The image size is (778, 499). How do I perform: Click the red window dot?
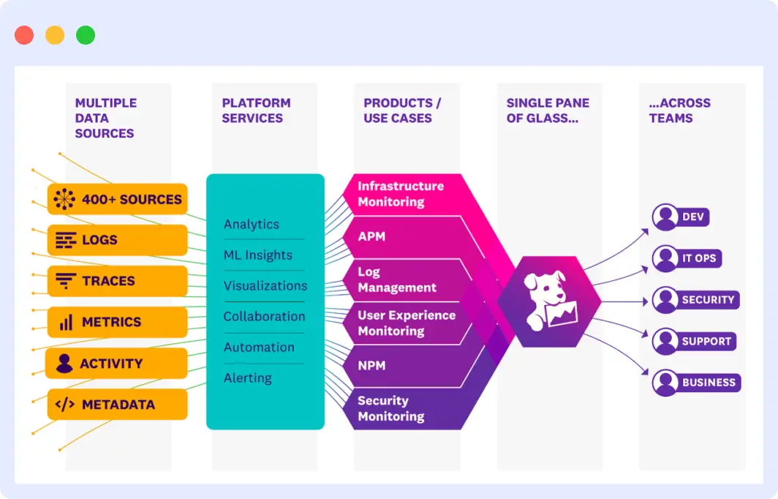point(24,35)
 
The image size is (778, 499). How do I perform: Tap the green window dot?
point(86,35)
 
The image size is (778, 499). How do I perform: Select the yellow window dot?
point(55,35)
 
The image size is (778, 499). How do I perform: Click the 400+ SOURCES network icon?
point(64,199)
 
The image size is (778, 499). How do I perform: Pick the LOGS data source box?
point(117,240)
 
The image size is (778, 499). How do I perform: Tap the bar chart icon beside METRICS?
point(66,322)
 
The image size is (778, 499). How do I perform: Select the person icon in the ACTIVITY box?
point(64,363)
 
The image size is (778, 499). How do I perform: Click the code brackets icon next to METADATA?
point(65,405)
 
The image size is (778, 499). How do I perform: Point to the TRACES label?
point(108,281)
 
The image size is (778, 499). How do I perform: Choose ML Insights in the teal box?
point(257,255)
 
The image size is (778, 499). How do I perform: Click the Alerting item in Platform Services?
point(247,378)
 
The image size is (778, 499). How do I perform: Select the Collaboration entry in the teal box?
point(264,317)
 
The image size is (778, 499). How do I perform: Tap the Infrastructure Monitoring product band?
point(401,194)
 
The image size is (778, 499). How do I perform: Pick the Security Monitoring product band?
point(391,408)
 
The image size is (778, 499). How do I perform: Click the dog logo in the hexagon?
point(550,300)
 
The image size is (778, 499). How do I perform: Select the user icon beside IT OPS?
point(665,258)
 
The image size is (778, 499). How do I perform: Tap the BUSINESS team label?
point(709,383)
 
